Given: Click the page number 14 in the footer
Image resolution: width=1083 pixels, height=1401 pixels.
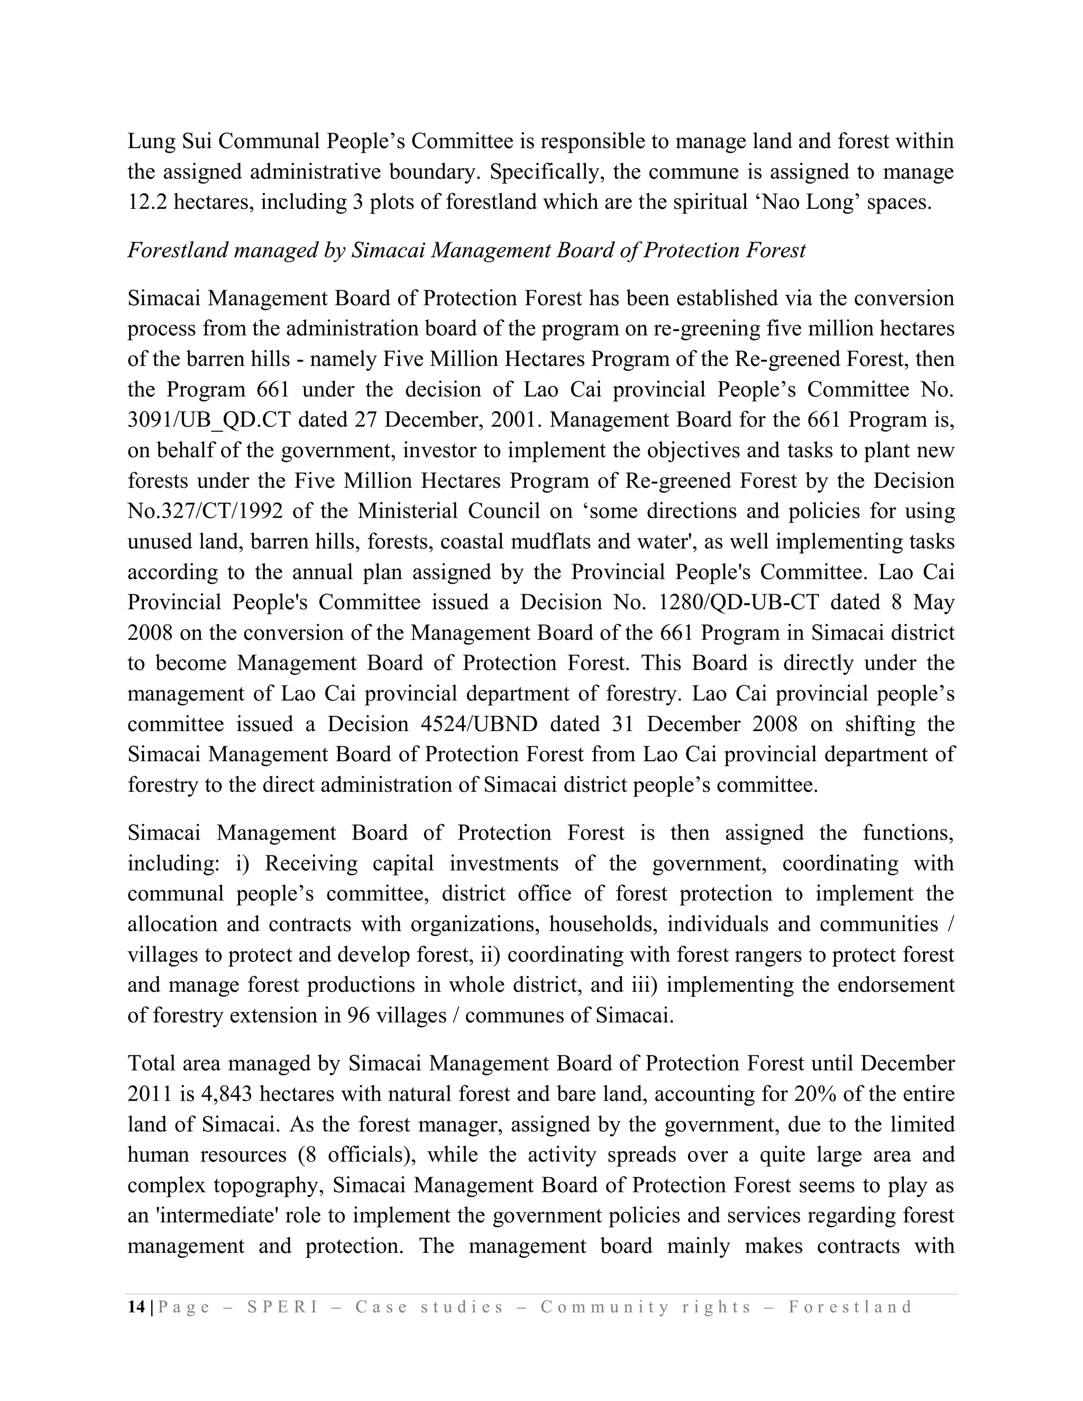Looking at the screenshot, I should [136, 1307].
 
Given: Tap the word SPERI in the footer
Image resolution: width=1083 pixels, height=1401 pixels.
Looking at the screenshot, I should [282, 1307].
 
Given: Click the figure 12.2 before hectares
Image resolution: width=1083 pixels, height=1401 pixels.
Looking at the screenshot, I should [147, 202].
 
